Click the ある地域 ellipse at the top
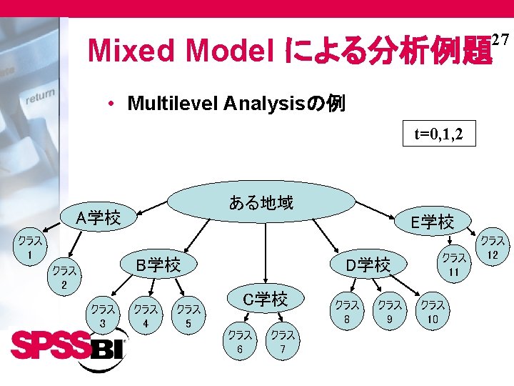click(261, 203)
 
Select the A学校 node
click(99, 217)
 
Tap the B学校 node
click(158, 265)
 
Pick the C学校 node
click(265, 300)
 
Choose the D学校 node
click(368, 265)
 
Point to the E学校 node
click(432, 222)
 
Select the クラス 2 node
click(64, 277)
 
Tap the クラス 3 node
click(104, 316)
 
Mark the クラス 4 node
click(146, 316)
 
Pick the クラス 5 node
click(188, 316)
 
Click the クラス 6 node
click(240, 341)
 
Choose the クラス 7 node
click(283, 341)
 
